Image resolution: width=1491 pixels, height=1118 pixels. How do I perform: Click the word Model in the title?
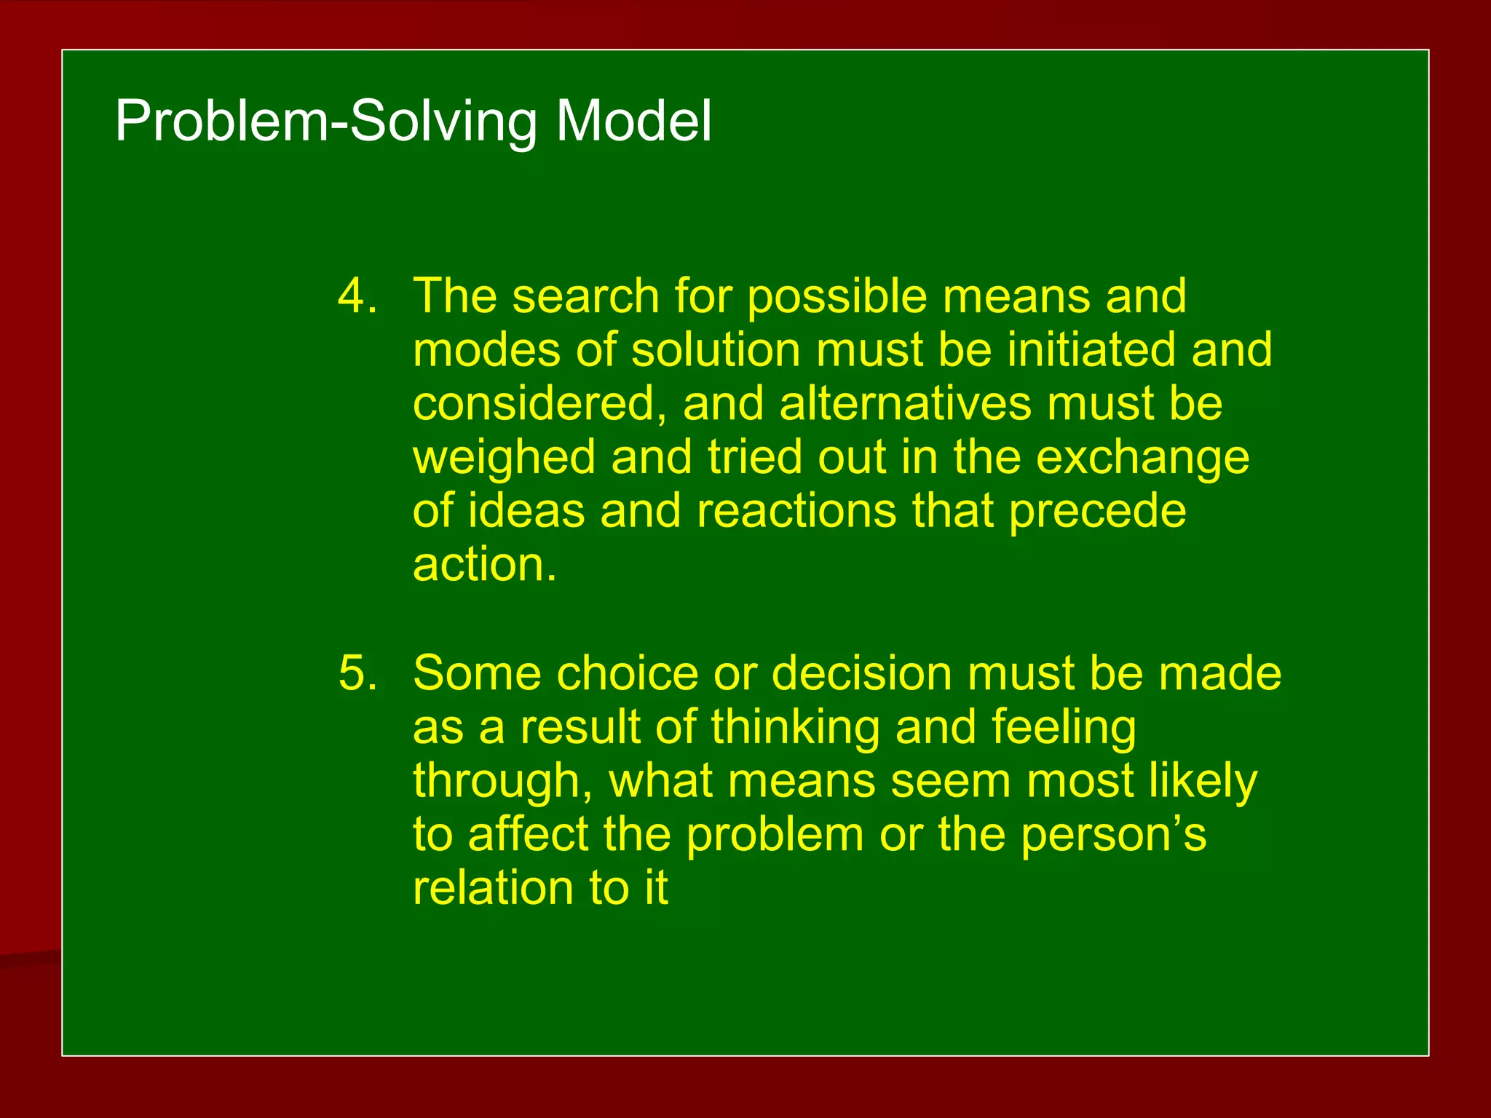[633, 121]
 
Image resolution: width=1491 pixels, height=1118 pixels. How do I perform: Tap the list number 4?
[357, 296]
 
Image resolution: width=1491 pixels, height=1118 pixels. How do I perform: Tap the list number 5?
[357, 673]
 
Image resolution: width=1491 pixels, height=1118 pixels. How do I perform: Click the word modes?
[486, 350]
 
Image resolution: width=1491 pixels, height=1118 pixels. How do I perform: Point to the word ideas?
[526, 511]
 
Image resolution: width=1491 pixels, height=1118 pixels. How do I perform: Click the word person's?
[1113, 836]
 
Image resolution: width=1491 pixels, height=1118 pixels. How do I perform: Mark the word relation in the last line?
[493, 888]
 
